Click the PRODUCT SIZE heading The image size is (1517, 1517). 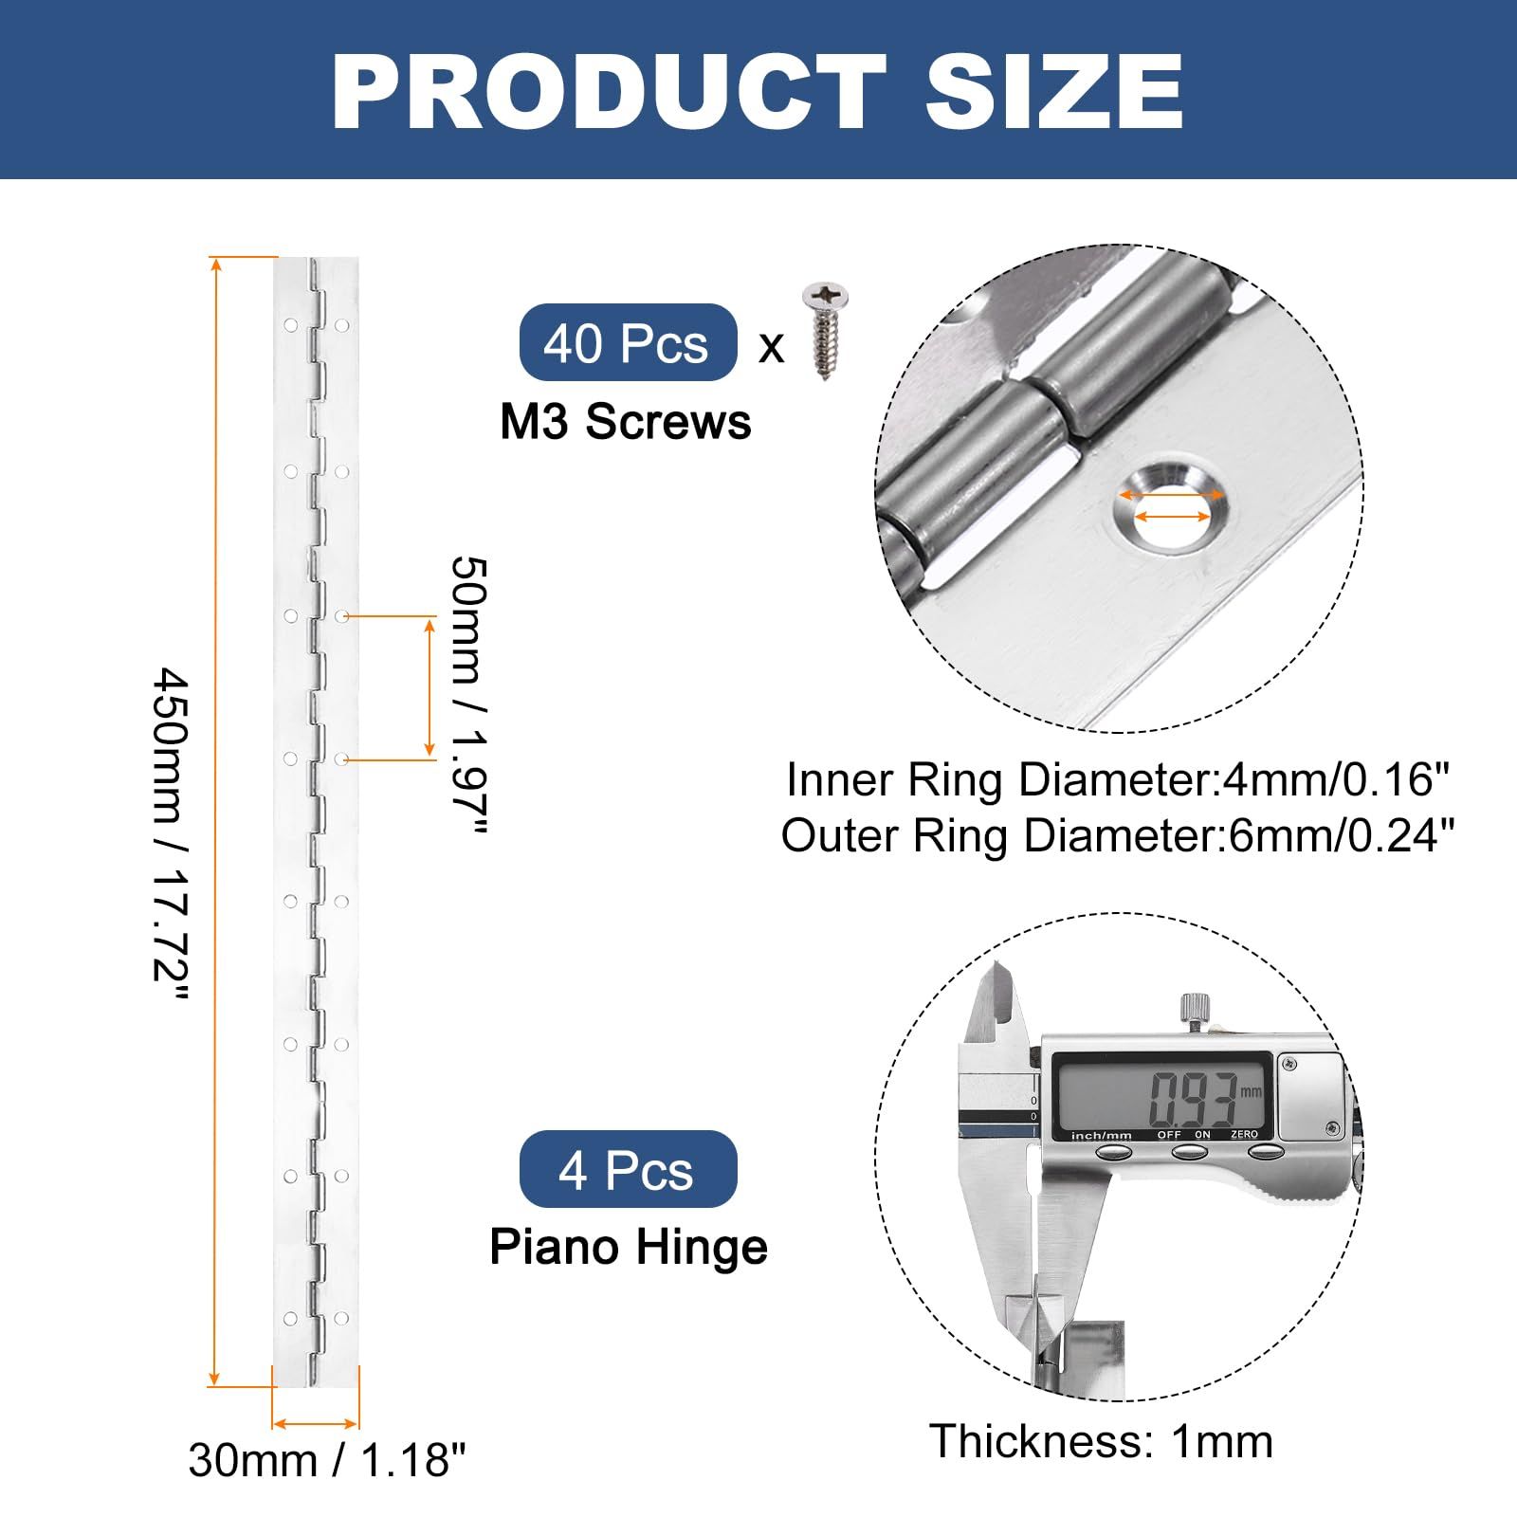click(758, 91)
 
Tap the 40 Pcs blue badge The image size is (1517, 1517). click(628, 342)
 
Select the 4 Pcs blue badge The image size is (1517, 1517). click(628, 1169)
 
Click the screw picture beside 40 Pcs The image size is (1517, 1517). click(825, 332)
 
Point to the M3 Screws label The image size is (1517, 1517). click(626, 422)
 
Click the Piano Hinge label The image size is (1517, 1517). click(629, 1247)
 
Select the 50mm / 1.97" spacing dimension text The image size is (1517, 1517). click(468, 696)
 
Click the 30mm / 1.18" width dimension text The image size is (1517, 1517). click(327, 1460)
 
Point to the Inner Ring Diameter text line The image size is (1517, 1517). click(1119, 780)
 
